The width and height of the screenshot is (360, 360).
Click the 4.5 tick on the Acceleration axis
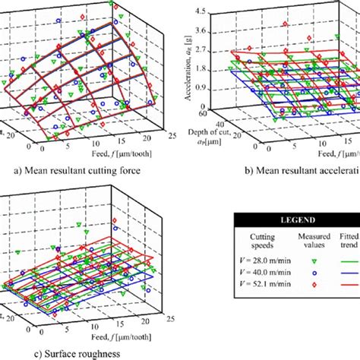point(201,12)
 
